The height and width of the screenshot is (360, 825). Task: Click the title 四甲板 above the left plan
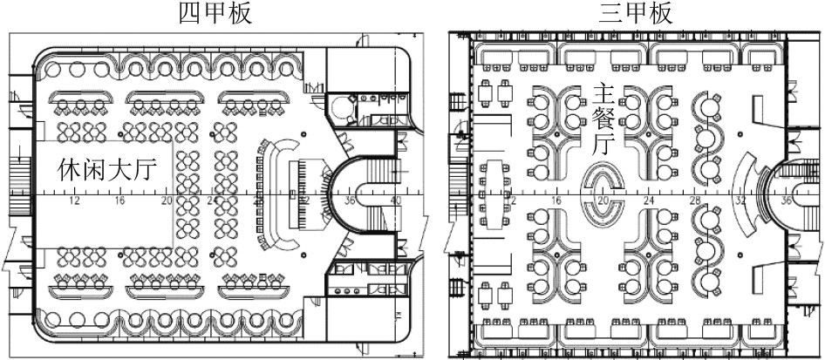pyautogui.click(x=215, y=13)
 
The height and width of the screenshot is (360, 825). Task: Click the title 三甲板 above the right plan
pyautogui.click(x=636, y=13)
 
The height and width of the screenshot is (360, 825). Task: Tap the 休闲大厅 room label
pyautogui.click(x=106, y=170)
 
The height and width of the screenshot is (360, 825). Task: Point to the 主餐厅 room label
pyautogui.click(x=603, y=119)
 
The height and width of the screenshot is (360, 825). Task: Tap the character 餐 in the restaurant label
pyautogui.click(x=603, y=119)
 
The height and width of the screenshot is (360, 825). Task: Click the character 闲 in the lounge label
pyautogui.click(x=90, y=170)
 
